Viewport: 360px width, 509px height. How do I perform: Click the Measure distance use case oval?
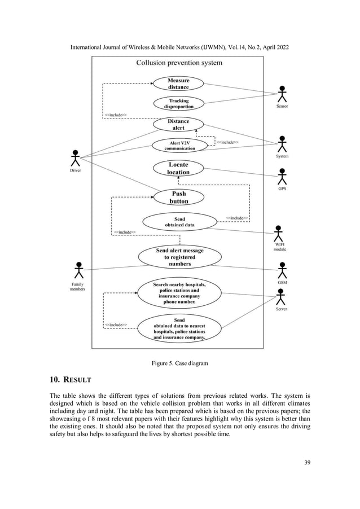click(x=178, y=84)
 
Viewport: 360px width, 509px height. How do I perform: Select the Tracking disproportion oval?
click(x=178, y=103)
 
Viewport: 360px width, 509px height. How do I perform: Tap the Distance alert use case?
click(x=178, y=124)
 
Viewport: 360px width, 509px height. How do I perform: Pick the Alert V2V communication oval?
click(x=179, y=145)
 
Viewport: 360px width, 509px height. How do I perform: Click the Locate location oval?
click(x=178, y=168)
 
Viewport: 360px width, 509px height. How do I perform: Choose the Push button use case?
click(x=179, y=197)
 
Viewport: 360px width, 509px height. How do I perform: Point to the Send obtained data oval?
click(x=179, y=222)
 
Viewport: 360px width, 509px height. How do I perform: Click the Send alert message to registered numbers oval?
click(x=179, y=257)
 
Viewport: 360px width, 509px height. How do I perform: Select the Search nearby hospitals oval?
click(x=179, y=293)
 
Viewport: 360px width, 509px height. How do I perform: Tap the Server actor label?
click(x=281, y=309)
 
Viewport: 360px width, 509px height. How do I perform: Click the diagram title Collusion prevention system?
click(x=179, y=63)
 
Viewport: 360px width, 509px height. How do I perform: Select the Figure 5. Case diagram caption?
click(x=179, y=363)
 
